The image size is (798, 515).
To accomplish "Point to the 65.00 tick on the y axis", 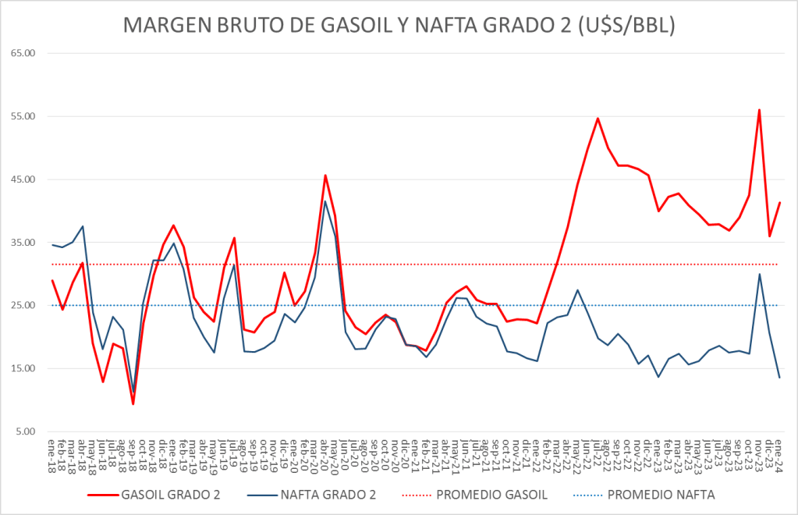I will (x=24, y=53).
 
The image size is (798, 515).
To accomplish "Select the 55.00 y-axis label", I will (x=24, y=116).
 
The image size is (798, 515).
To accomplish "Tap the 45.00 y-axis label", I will (x=24, y=179).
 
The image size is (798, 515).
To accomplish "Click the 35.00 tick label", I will (x=24, y=243).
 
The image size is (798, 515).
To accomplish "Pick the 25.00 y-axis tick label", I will (x=24, y=305).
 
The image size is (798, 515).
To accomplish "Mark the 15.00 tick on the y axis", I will (x=24, y=368).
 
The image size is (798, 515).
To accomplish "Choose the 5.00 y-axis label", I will (x=27, y=432).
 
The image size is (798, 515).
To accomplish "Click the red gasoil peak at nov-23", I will (x=759, y=110).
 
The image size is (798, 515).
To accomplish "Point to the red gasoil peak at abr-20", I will (x=325, y=176).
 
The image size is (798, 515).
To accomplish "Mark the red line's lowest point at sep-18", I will (x=133, y=403).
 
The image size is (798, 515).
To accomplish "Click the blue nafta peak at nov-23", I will (x=759, y=274).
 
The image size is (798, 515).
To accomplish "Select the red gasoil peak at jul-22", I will (x=598, y=119).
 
